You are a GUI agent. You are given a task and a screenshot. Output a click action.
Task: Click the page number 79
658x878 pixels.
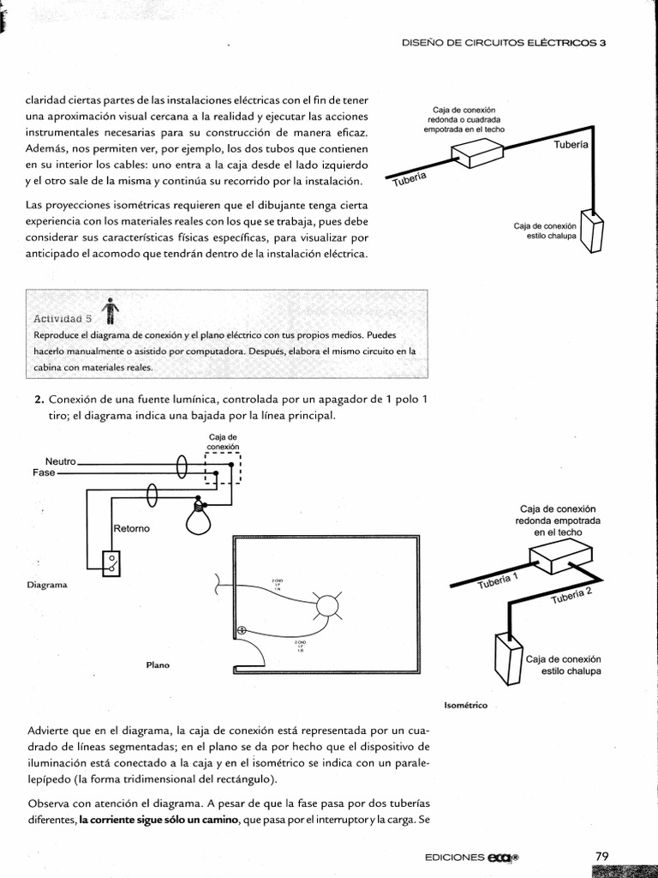(601, 856)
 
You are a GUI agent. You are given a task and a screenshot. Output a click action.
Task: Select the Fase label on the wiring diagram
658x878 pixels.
(44, 472)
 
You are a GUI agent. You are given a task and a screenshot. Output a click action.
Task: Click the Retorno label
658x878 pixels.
(131, 528)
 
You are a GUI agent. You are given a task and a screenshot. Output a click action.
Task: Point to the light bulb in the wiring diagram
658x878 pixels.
(199, 518)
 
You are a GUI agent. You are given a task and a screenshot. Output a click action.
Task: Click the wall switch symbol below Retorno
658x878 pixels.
(111, 562)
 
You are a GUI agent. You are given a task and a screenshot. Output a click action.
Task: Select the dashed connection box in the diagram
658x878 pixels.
(223, 471)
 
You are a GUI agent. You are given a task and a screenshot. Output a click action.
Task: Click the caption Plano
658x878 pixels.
(157, 664)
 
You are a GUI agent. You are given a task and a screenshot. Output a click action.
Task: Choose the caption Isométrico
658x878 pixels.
(466, 705)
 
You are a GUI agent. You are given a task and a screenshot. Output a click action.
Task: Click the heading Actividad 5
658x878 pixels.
(63, 318)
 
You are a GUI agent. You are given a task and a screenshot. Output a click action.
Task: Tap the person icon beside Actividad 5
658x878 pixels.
(110, 310)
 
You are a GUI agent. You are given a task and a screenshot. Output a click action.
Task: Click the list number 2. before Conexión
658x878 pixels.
(39, 400)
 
